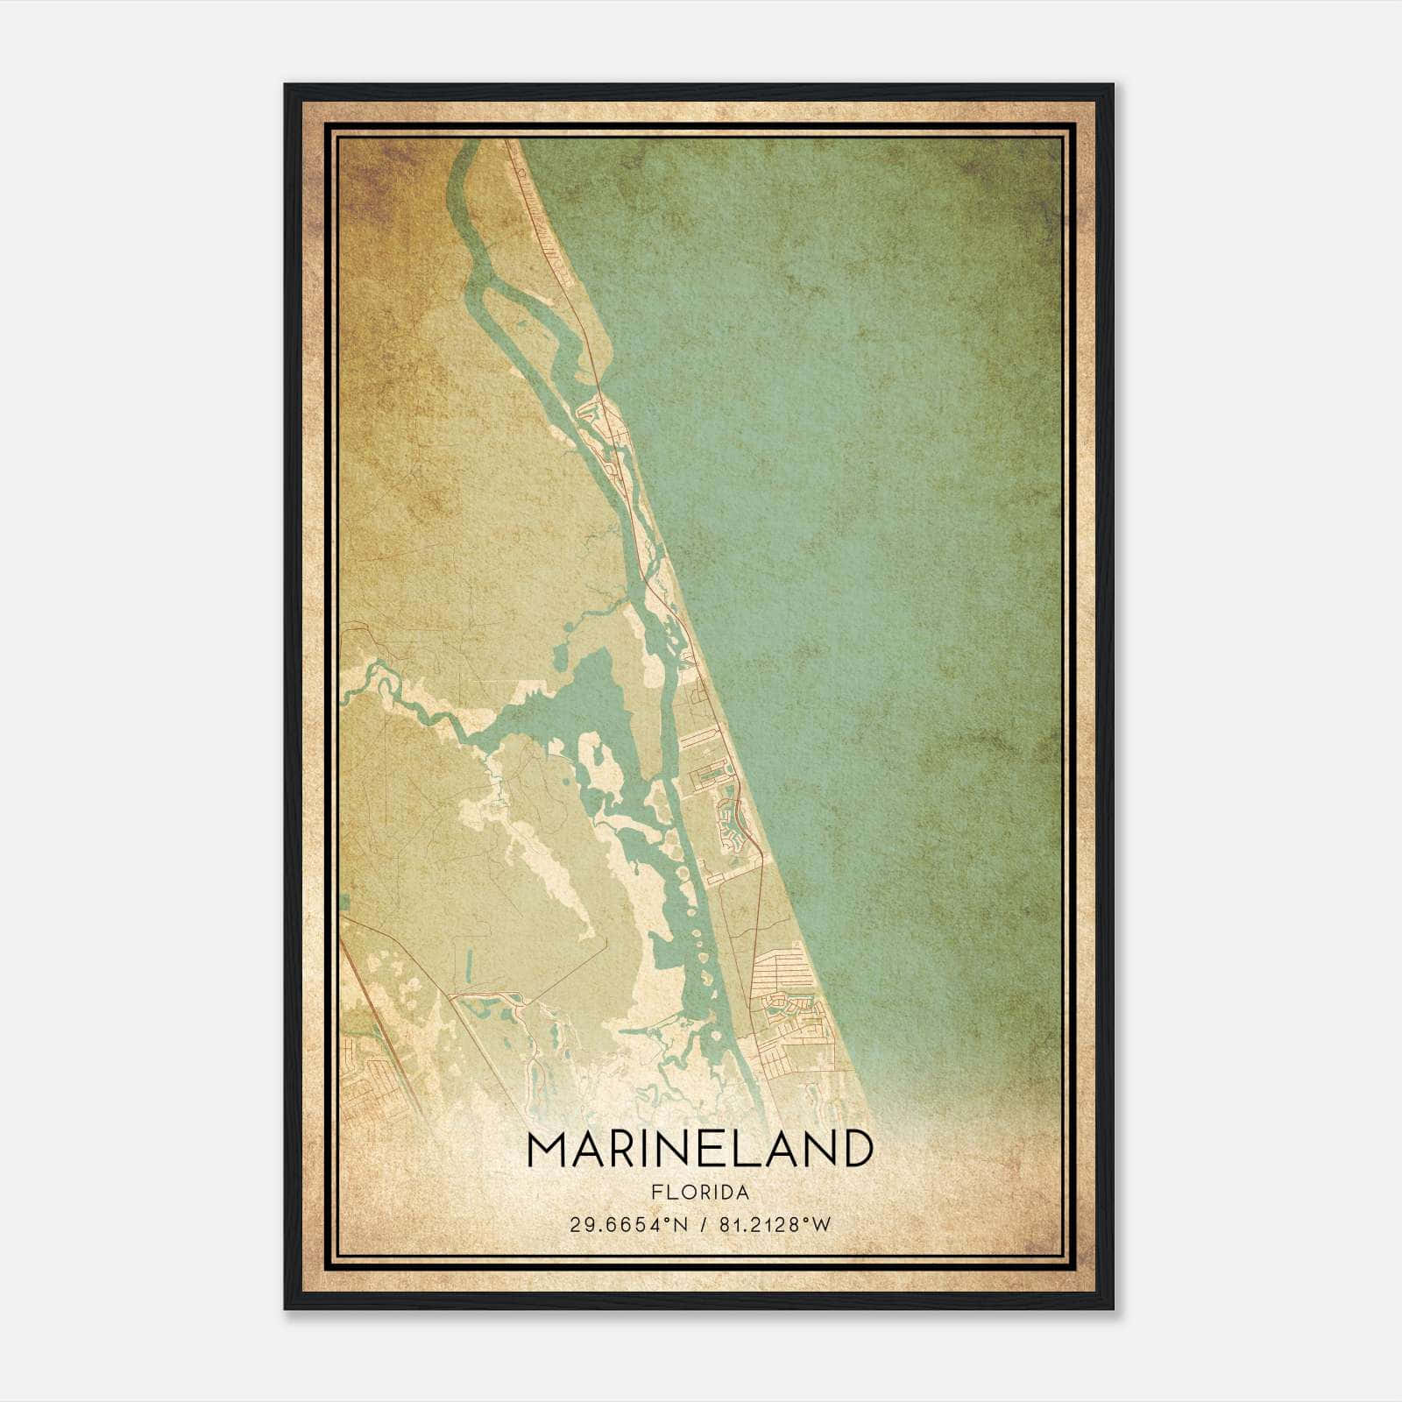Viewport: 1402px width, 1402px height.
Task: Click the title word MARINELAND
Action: tap(700, 1149)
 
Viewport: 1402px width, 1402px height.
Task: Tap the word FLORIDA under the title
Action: tap(700, 1193)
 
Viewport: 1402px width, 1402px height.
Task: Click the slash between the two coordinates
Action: tap(700, 1225)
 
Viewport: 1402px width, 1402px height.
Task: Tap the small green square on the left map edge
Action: tap(344, 902)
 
